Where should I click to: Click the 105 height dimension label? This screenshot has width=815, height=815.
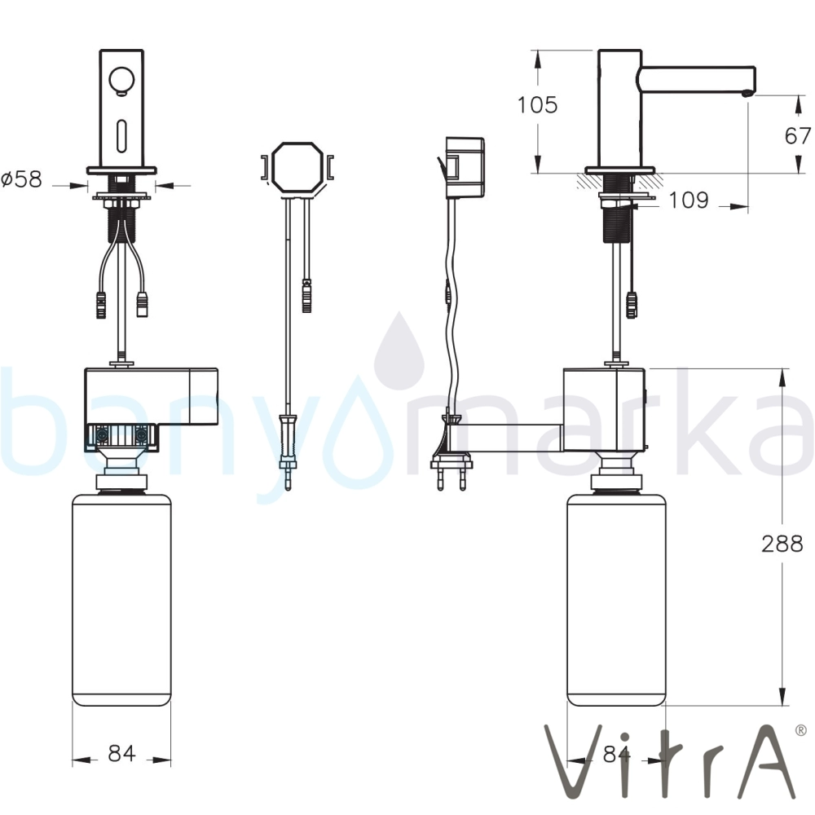[x=537, y=105]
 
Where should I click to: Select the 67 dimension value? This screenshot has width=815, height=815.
[x=798, y=136]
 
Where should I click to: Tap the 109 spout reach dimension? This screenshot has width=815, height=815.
[x=688, y=200]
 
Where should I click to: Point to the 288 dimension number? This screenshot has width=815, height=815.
[x=782, y=544]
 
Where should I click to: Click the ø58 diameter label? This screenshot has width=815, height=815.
[x=21, y=179]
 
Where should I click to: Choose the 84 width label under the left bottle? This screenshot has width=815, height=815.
[x=121, y=753]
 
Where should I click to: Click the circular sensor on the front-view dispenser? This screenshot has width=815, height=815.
[x=121, y=82]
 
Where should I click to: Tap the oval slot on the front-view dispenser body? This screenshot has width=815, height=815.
[x=121, y=135]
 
